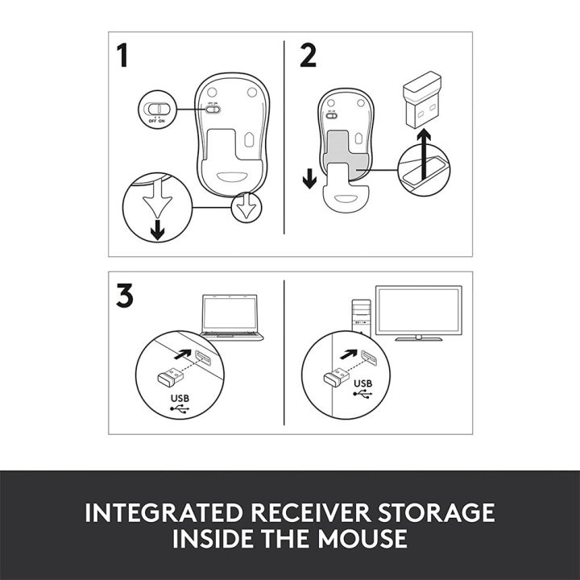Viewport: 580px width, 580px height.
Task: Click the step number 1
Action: click(x=122, y=57)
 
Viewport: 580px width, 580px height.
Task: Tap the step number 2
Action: click(x=308, y=57)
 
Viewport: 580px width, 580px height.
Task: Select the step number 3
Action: click(x=124, y=296)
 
